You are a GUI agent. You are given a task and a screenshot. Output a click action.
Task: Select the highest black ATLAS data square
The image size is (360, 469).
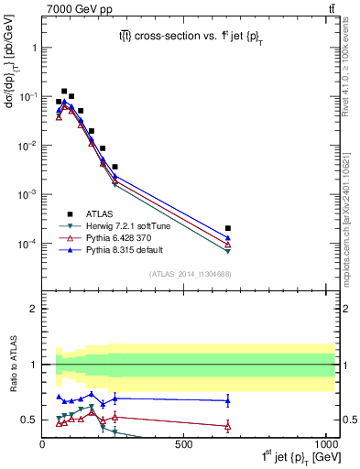click(64, 92)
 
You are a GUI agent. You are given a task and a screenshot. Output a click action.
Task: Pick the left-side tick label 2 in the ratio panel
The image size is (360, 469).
click(33, 309)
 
